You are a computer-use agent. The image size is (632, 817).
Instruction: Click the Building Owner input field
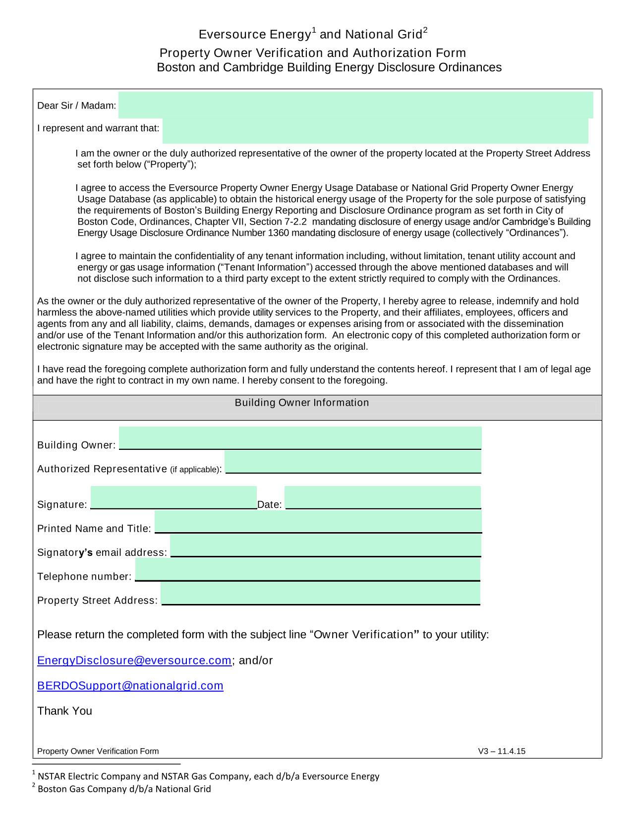tap(300, 438)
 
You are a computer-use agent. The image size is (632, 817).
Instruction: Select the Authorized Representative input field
tap(353, 462)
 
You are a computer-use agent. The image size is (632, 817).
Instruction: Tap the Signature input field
tap(173, 497)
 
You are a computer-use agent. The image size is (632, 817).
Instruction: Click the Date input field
tap(383, 497)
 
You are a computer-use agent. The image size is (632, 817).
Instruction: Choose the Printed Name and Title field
tap(318, 522)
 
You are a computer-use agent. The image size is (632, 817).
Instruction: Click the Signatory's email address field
tap(326, 545)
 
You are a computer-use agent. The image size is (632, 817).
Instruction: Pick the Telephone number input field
tap(308, 569)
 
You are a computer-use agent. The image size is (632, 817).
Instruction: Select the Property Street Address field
tap(321, 593)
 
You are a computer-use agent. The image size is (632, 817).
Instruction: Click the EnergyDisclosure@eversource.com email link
tap(134, 660)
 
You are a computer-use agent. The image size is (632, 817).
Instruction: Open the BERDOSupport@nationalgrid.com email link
tap(130, 686)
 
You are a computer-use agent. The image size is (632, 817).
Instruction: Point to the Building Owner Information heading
tap(302, 403)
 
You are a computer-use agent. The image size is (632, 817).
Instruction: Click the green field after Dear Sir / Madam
tap(355, 105)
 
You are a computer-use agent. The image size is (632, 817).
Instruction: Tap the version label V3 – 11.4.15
tap(502, 751)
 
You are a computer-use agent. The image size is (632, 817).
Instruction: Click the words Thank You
tap(65, 711)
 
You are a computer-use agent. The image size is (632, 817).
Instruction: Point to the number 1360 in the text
tap(278, 233)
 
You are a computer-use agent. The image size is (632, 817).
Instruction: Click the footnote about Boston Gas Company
tap(124, 789)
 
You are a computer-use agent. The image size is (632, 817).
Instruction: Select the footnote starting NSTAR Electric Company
tap(208, 776)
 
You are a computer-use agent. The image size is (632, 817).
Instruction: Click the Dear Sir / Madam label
tap(77, 106)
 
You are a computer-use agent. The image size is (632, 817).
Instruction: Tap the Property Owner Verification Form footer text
tap(98, 751)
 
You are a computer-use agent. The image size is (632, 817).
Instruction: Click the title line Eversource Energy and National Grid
tap(313, 34)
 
